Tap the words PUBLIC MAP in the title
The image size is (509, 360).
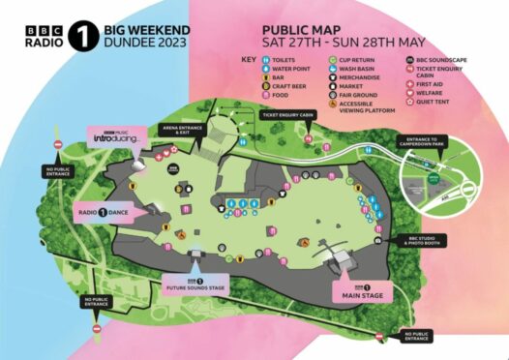pyautogui.click(x=308, y=30)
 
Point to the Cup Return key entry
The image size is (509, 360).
pyautogui.click(x=331, y=60)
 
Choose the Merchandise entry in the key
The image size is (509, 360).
pyautogui.click(x=331, y=77)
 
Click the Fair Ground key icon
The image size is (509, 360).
pyautogui.click(x=331, y=95)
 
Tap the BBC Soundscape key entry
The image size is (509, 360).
pyautogui.click(x=410, y=60)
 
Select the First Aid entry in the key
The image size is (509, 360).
pyautogui.click(x=410, y=86)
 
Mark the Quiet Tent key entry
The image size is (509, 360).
pyautogui.click(x=410, y=104)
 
